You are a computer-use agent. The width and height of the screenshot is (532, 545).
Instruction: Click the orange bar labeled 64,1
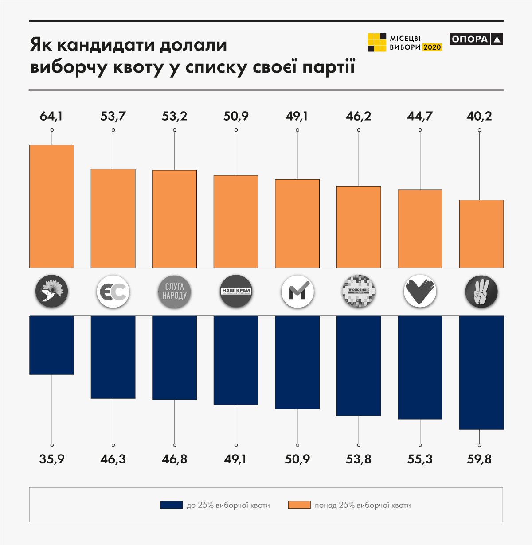(x=51, y=206)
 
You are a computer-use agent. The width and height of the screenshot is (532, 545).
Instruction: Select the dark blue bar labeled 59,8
(x=481, y=372)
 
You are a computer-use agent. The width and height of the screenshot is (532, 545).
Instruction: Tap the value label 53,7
(x=113, y=116)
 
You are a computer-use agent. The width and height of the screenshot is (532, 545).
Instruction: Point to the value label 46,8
(x=174, y=459)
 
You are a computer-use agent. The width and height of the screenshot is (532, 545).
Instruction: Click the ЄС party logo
(x=113, y=292)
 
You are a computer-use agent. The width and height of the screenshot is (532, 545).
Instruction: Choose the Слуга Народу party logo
(x=174, y=292)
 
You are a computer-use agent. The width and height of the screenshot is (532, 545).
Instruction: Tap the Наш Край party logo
(x=236, y=292)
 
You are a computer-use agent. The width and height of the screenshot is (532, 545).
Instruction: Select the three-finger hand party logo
(x=481, y=292)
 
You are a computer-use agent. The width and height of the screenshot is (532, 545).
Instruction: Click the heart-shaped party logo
(x=420, y=292)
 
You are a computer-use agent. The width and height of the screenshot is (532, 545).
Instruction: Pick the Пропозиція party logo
(x=359, y=292)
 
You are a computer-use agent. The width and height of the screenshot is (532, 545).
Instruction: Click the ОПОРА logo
(x=476, y=39)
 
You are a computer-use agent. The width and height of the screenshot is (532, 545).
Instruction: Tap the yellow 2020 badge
(x=432, y=47)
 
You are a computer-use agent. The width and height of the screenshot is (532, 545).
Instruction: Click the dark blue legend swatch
(x=171, y=505)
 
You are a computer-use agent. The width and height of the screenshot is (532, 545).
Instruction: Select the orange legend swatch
(x=299, y=505)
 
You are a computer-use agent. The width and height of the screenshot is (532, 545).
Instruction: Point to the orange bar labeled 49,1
(x=297, y=223)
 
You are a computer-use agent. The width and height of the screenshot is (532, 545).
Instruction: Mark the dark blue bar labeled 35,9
(x=51, y=345)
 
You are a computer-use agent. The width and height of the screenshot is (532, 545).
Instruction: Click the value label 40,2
(x=479, y=116)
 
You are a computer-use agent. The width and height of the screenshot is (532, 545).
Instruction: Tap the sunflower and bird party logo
(x=52, y=292)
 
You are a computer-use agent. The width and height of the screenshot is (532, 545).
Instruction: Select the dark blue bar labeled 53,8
(x=359, y=366)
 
